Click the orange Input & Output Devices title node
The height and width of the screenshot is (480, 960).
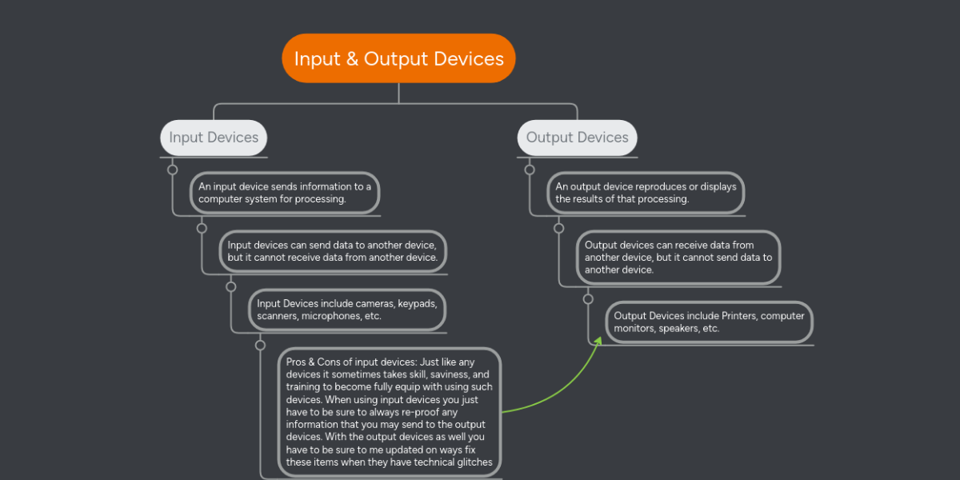click(398, 58)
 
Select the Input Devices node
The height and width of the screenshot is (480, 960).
click(214, 138)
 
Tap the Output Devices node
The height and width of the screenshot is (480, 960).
click(577, 138)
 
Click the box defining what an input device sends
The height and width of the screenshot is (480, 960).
click(285, 193)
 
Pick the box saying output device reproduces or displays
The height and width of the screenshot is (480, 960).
click(646, 193)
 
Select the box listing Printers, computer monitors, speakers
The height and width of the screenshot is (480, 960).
click(709, 322)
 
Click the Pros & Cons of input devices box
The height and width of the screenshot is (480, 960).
click(390, 412)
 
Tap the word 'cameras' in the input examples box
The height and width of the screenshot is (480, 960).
click(374, 304)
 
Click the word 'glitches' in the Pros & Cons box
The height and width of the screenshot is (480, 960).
click(475, 462)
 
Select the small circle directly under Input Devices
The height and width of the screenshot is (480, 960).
click(172, 170)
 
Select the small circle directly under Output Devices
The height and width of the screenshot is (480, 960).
click(530, 170)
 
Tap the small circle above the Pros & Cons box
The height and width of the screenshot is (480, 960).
click(260, 346)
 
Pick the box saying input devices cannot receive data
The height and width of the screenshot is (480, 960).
click(333, 251)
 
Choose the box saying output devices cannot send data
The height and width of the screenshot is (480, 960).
click(678, 258)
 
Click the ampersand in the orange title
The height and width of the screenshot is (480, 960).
click(352, 59)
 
